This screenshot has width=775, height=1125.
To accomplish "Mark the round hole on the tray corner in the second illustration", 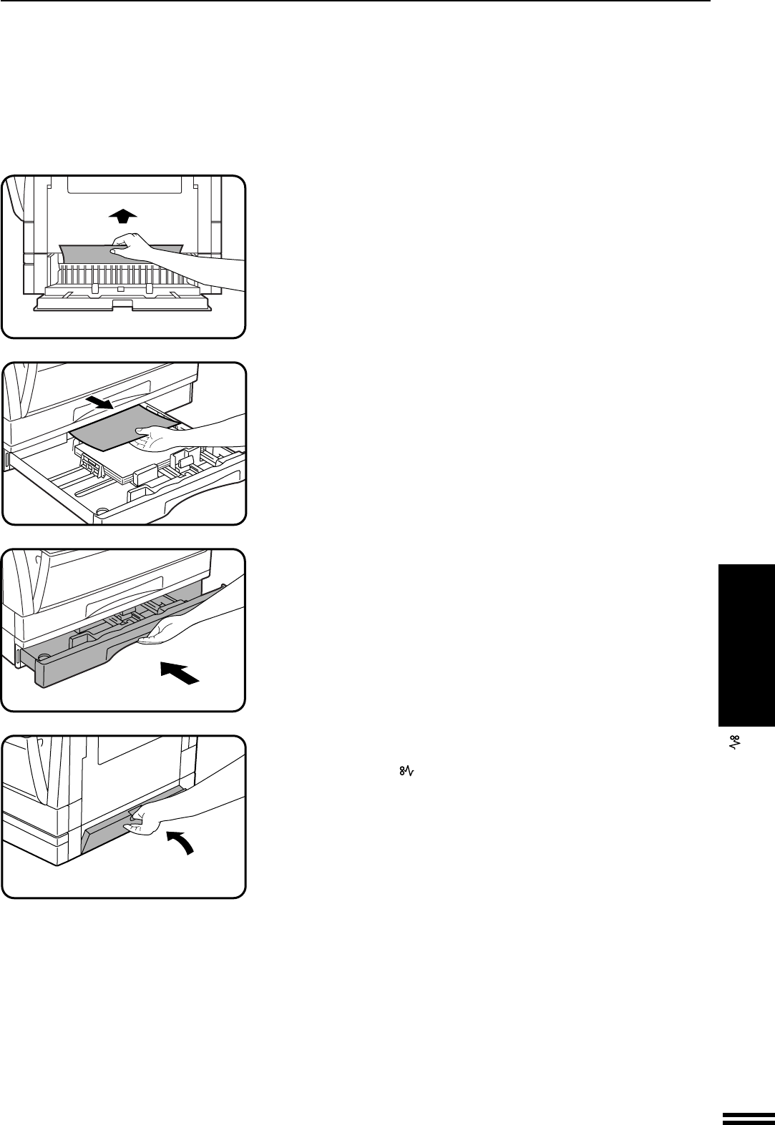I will pyautogui.click(x=102, y=511).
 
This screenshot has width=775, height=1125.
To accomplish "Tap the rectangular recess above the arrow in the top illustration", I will pyautogui.click(x=124, y=185).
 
